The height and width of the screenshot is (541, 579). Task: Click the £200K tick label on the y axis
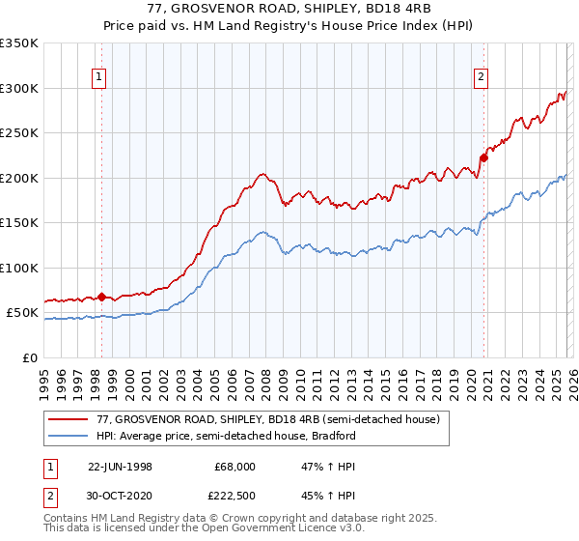18,178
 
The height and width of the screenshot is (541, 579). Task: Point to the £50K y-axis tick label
21,313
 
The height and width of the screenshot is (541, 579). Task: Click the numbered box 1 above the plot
101,79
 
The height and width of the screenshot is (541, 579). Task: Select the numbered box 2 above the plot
481,79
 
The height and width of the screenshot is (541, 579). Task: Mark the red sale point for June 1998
102,297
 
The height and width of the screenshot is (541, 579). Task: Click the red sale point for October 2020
483,158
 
